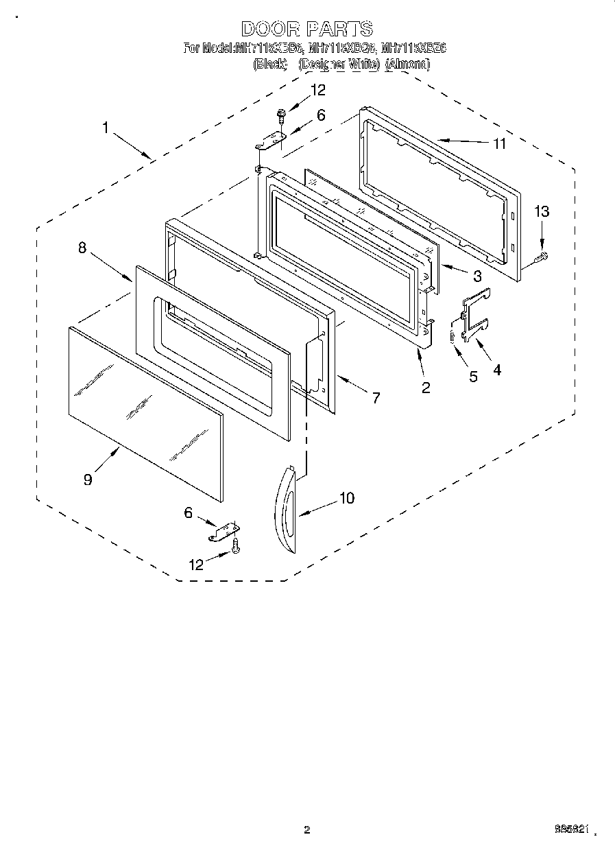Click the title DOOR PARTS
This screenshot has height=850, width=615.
[x=307, y=29]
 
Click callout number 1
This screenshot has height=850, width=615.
[x=106, y=128]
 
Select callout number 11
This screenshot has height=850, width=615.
[x=499, y=143]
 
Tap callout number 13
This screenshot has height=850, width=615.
[x=542, y=212]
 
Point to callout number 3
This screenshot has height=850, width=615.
[x=477, y=276]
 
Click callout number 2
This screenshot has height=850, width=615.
[x=426, y=388]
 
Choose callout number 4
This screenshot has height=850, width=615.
[x=496, y=370]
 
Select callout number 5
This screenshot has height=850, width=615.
[x=473, y=377]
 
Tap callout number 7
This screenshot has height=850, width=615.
[x=376, y=397]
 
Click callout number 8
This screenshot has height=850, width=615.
[x=82, y=248]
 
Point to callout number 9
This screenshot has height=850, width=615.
[x=88, y=480]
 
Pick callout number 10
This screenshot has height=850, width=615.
[x=347, y=498]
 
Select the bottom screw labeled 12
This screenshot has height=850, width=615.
[x=236, y=545]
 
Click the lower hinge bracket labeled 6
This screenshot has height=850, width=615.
[x=225, y=530]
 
